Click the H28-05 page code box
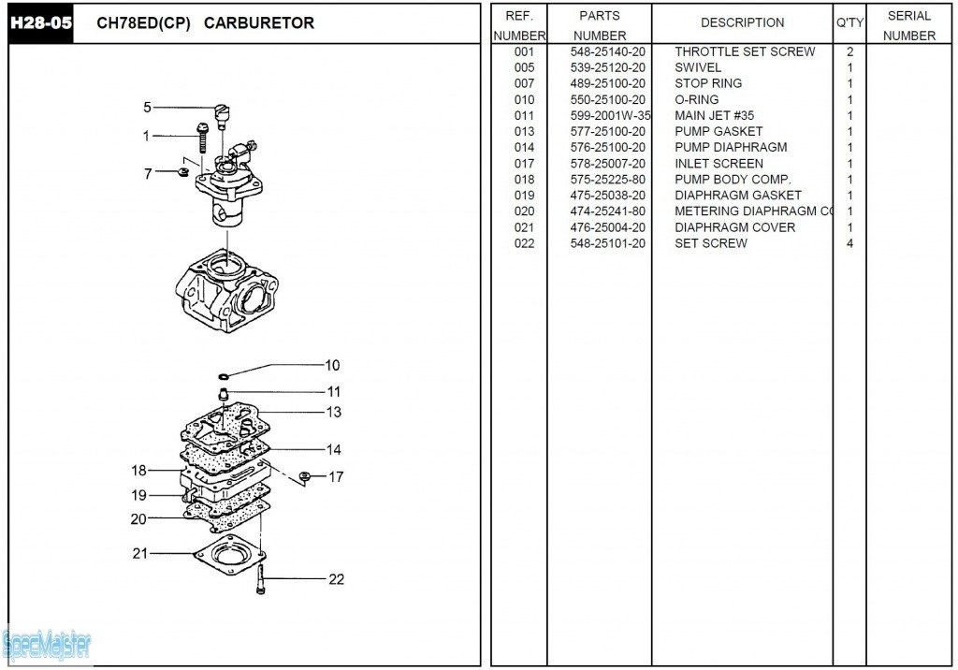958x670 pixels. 40,22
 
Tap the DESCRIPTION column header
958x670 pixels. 742,22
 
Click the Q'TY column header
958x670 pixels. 849,22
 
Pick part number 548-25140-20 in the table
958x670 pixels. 607,51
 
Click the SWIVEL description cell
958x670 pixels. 698,67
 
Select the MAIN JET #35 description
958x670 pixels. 714,115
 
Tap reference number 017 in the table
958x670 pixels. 524,163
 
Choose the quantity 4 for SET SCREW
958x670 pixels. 849,243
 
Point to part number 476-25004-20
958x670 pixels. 607,227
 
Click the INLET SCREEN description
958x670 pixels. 718,163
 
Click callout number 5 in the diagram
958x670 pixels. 147,108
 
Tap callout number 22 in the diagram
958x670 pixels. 336,579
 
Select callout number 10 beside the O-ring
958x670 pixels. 332,365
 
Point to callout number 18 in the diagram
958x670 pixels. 139,471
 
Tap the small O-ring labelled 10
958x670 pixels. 224,376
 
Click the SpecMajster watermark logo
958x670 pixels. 47,644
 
